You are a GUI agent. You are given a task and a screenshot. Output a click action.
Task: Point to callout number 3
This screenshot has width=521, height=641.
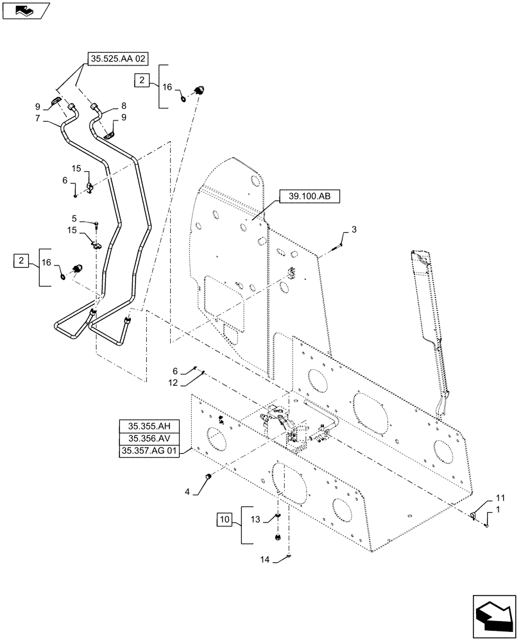(352, 229)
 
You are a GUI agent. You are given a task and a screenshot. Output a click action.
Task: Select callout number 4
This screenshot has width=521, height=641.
(187, 492)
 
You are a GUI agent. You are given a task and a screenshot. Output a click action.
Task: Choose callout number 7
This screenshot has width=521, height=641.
(39, 119)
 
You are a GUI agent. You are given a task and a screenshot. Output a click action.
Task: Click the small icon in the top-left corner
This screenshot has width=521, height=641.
(24, 10)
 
